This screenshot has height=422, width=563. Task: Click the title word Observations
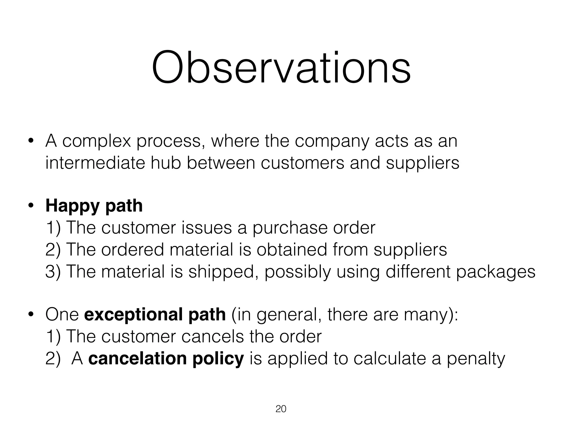coord(281,68)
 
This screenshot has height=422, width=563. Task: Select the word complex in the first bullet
coord(96,141)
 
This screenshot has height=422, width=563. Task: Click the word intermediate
coord(95,163)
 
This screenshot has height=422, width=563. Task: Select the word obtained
coord(292,250)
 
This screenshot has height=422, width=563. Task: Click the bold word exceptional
coord(134,315)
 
